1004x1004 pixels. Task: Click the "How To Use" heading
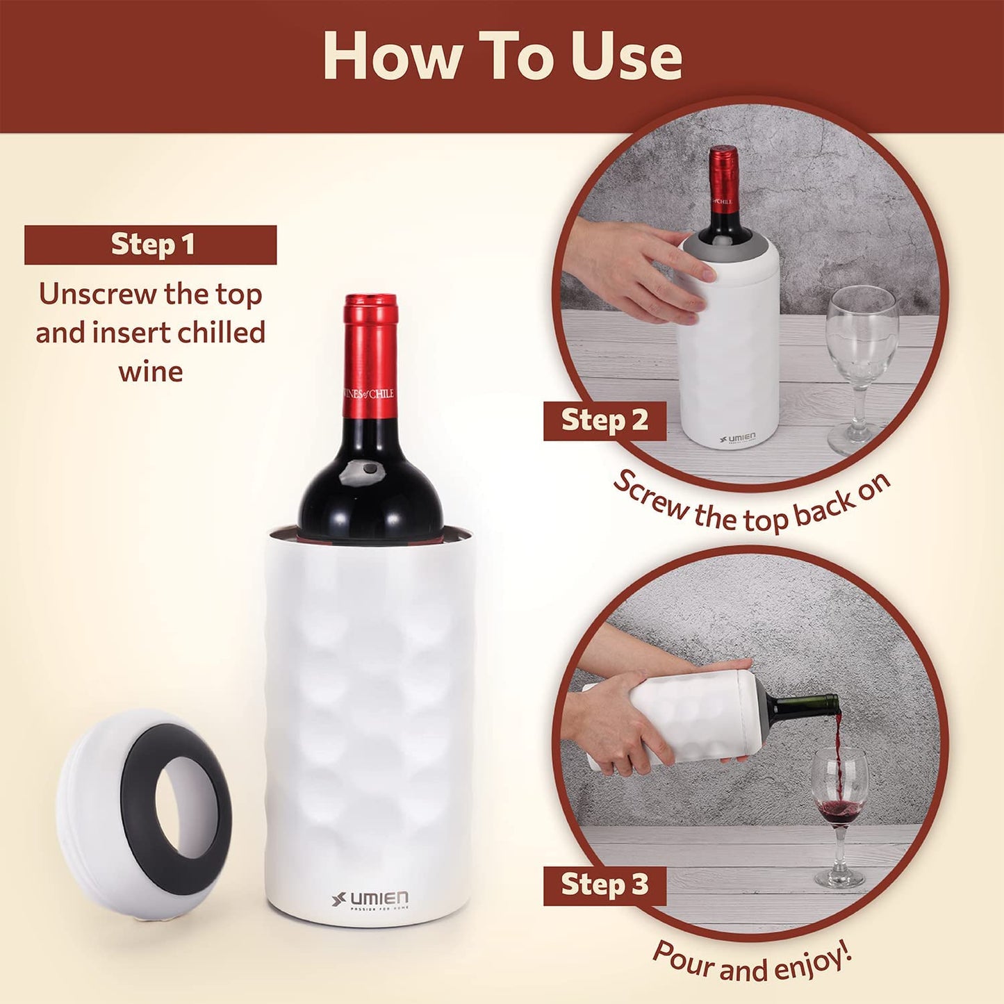click(502, 57)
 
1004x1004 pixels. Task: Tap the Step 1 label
click(151, 245)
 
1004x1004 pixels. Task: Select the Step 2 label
click(604, 420)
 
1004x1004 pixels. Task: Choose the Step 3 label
click(604, 884)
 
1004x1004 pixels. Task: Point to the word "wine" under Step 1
click(151, 371)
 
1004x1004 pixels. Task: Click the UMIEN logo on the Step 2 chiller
click(738, 438)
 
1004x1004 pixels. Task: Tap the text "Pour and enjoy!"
click(752, 962)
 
